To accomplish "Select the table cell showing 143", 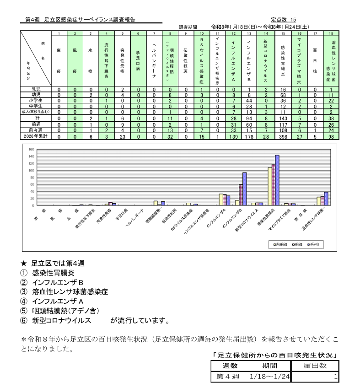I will [x=283, y=118].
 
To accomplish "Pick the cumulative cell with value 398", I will [x=283, y=136].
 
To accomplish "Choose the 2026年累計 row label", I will [x=36, y=136].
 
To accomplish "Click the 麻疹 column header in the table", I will [x=59, y=59].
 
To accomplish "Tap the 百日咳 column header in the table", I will [x=315, y=59].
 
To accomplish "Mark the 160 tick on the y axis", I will [x=31, y=149].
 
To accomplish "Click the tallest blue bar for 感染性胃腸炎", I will [x=277, y=180].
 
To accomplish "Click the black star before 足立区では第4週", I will [x=24, y=264].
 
